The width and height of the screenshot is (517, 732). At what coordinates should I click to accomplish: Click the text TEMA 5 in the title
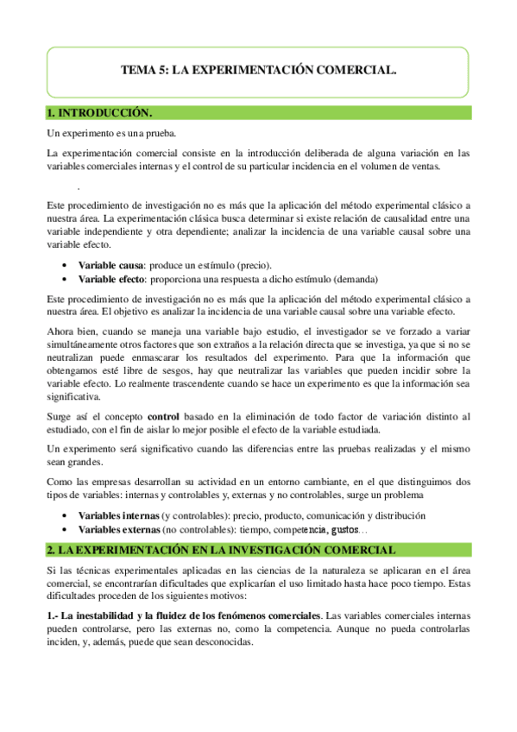tap(139, 73)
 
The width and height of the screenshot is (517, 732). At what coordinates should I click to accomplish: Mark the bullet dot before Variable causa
tap(67, 264)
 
